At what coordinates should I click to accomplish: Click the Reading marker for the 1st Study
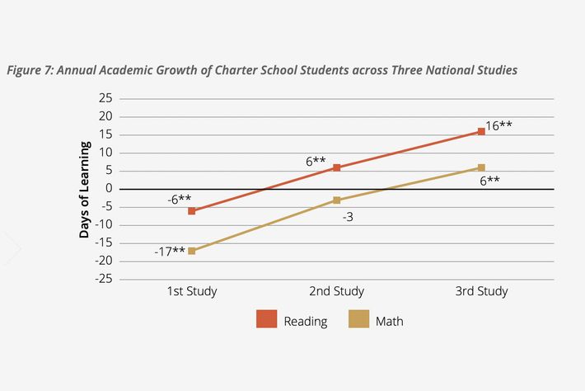(x=192, y=211)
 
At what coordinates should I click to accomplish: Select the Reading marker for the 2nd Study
(x=336, y=167)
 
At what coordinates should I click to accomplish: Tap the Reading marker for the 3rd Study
(x=481, y=131)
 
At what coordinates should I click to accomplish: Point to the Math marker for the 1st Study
(x=192, y=251)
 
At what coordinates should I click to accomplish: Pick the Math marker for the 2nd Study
(x=336, y=200)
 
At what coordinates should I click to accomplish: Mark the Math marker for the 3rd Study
(x=481, y=167)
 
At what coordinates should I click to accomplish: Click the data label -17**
(x=169, y=252)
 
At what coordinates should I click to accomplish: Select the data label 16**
(x=499, y=126)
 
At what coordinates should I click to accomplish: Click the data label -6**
(x=180, y=198)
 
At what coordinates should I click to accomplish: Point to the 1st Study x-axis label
(x=192, y=291)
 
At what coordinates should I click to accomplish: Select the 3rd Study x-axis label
(x=481, y=291)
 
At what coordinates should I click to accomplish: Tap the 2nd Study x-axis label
(x=336, y=291)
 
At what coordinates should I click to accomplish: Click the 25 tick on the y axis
(x=105, y=98)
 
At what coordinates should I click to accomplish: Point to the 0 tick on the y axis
(x=108, y=189)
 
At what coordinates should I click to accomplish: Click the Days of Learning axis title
(x=85, y=189)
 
